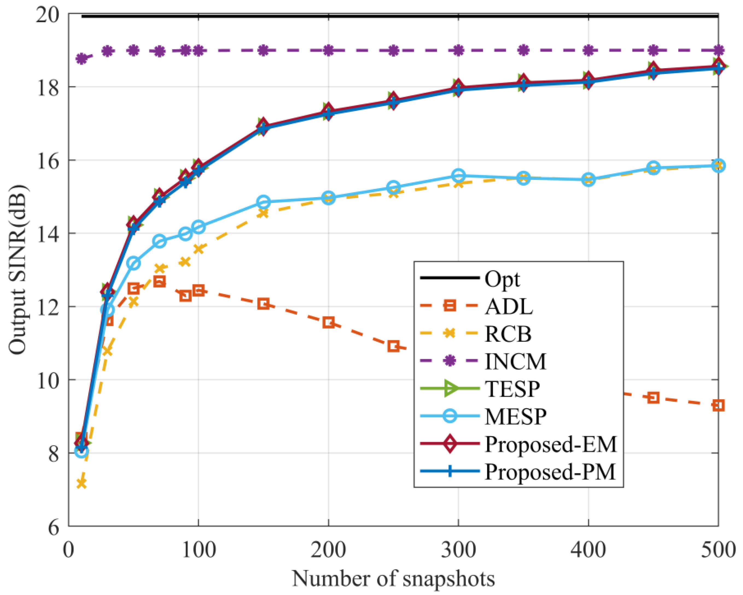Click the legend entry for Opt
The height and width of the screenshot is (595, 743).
pyautogui.click(x=502, y=279)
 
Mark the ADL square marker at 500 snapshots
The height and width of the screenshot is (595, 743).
pyautogui.click(x=718, y=405)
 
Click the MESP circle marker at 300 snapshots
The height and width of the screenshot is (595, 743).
pyautogui.click(x=458, y=176)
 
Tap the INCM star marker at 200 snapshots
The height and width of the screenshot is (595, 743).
pyautogui.click(x=328, y=51)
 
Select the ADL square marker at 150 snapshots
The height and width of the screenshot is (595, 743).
pyautogui.click(x=264, y=304)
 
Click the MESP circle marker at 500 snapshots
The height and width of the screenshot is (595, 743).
pyautogui.click(x=718, y=165)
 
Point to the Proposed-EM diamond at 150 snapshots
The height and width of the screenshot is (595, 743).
pyautogui.click(x=263, y=124)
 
